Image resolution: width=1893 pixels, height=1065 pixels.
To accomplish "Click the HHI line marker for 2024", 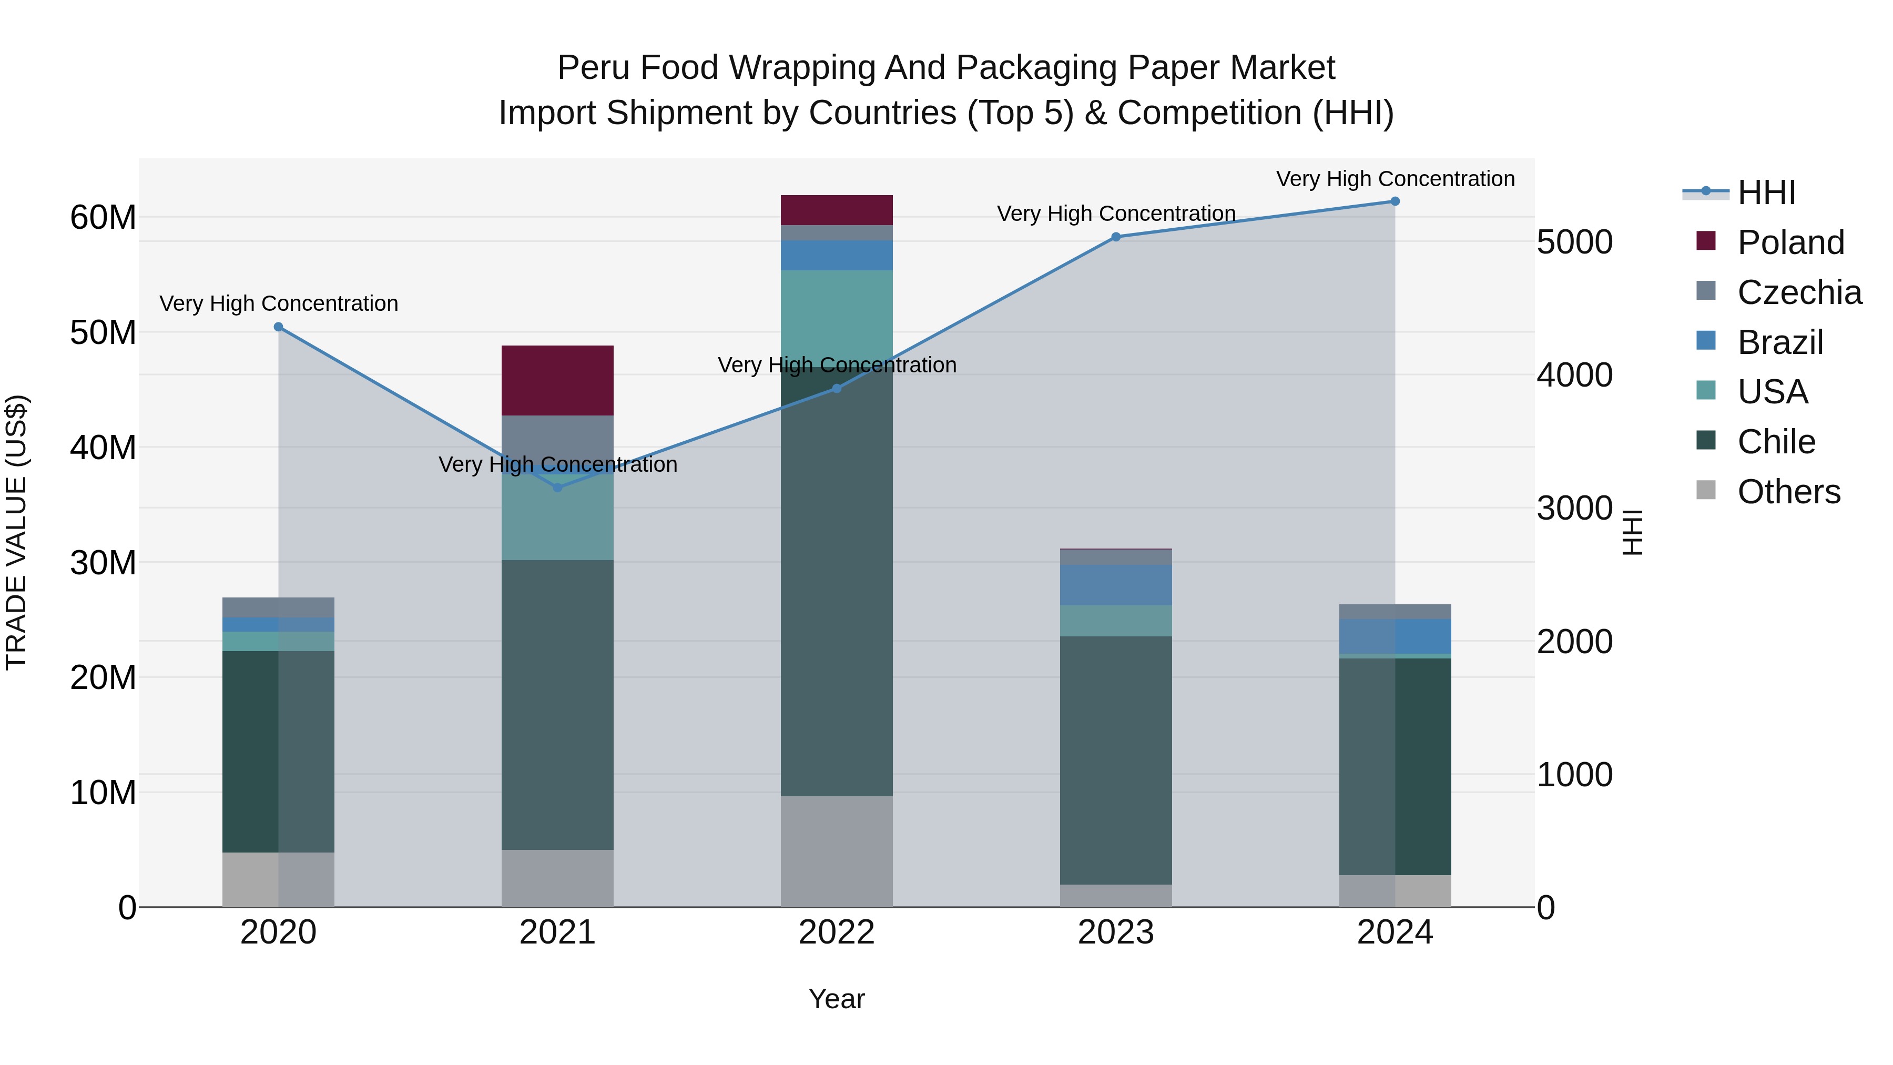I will (1395, 201).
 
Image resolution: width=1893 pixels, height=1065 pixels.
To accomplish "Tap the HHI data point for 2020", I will (279, 327).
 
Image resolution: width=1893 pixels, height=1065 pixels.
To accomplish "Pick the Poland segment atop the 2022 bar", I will (836, 210).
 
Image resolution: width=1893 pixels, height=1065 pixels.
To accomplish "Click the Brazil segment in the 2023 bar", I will (1115, 585).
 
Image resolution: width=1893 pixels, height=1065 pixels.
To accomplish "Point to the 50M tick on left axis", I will (103, 333).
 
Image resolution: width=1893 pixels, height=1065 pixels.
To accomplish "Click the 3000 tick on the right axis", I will (1574, 509).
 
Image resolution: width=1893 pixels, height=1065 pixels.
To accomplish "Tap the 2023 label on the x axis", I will (1115, 932).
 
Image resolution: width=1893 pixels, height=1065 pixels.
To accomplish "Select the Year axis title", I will (836, 999).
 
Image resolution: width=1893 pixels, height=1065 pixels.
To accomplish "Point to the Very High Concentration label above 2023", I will (1115, 214).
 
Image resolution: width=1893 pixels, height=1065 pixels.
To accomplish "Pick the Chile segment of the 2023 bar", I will (1115, 760).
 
